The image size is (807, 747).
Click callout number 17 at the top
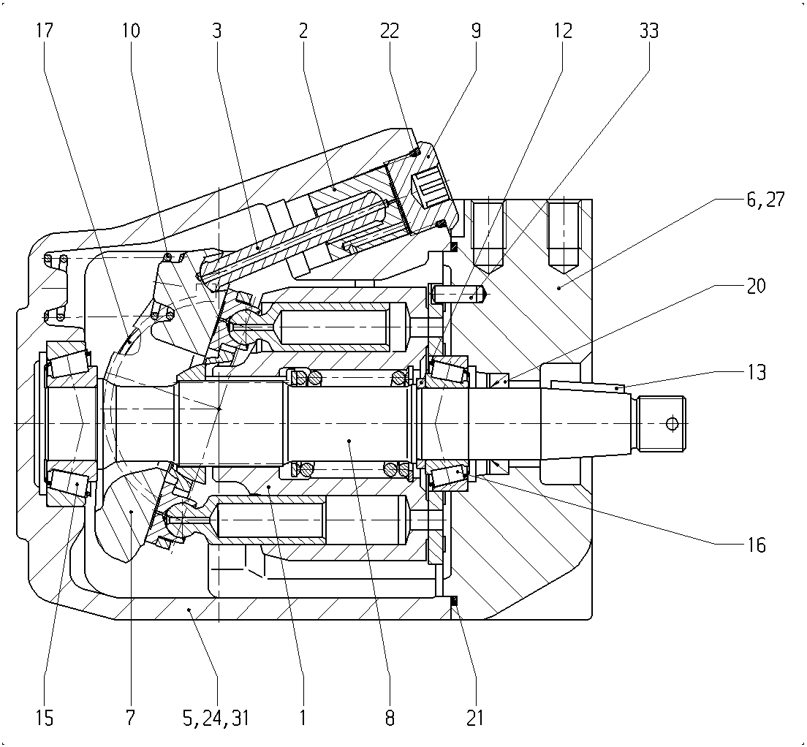pyautogui.click(x=45, y=31)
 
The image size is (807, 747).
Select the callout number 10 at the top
pyautogui.click(x=131, y=31)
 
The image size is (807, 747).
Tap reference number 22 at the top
pyautogui.click(x=390, y=31)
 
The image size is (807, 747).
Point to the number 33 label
pyautogui.click(x=649, y=31)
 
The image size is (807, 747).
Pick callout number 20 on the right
pyautogui.click(x=756, y=286)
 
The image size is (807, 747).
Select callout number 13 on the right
pyautogui.click(x=756, y=372)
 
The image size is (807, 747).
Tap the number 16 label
pyautogui.click(x=756, y=545)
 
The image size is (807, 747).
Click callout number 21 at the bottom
pyautogui.click(x=475, y=717)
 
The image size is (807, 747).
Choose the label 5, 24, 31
pyautogui.click(x=216, y=718)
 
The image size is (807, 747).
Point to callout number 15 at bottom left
pyautogui.click(x=45, y=717)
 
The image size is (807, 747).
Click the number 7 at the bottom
pyautogui.click(x=130, y=717)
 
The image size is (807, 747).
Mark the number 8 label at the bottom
pyautogui.click(x=390, y=717)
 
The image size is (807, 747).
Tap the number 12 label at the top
pyautogui.click(x=563, y=31)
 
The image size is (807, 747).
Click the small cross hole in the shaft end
pyautogui.click(x=672, y=423)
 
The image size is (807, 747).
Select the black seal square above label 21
pyautogui.click(x=455, y=600)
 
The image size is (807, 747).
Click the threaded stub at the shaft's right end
pyautogui.click(x=662, y=424)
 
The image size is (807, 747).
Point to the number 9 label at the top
pyautogui.click(x=476, y=31)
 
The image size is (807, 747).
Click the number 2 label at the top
pyautogui.click(x=303, y=31)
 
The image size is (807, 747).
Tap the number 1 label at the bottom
pyautogui.click(x=303, y=717)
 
